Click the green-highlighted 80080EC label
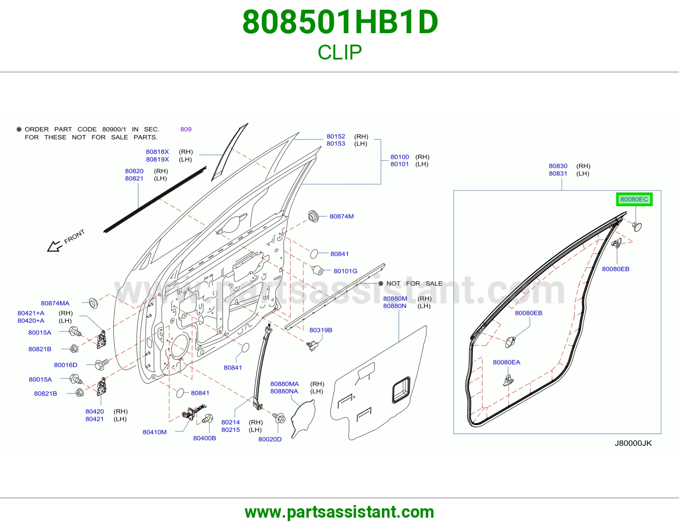coord(634,199)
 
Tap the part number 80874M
coord(342,216)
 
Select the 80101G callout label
coord(345,271)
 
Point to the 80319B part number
coord(320,330)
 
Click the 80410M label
coord(154,432)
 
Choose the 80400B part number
coord(205,438)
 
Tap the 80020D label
coord(270,439)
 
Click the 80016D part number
coord(66,365)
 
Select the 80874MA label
coord(55,303)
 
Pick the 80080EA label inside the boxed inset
coord(507,362)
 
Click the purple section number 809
coord(186,129)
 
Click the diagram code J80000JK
coord(633,443)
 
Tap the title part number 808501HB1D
coord(340,22)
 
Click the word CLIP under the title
coord(339,52)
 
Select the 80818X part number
coord(157,151)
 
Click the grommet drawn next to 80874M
coord(313,216)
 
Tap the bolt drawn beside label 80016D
coord(102,364)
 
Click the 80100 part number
coord(400,157)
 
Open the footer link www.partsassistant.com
coord(339,512)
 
